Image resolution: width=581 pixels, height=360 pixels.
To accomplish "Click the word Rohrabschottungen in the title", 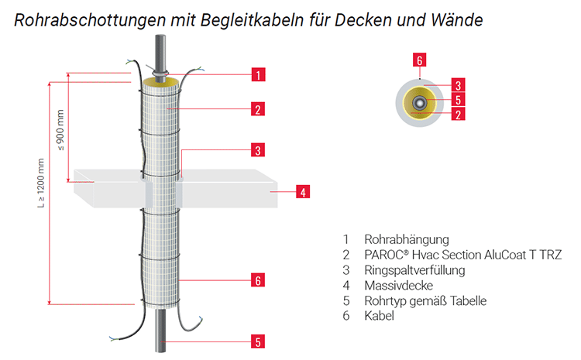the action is coord(90,19).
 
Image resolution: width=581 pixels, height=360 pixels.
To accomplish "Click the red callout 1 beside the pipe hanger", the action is coord(258,74).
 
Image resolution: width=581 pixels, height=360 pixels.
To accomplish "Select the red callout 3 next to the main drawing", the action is coord(258,150).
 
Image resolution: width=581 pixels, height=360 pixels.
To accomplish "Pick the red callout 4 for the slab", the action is coord(303,192).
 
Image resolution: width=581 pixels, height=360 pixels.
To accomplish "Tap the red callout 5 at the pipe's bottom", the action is coord(258,341).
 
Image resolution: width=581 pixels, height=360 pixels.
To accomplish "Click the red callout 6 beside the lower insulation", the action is coord(258,280).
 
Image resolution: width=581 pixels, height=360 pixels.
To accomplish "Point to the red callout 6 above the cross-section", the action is coord(419,60).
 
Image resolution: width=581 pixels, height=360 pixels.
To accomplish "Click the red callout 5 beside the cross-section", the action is coord(458,100).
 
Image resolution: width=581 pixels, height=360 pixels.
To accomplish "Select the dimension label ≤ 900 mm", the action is coord(60,130).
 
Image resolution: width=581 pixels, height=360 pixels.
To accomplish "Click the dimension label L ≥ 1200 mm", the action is coord(41,183).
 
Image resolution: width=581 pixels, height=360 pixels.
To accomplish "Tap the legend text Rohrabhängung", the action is coord(407,239).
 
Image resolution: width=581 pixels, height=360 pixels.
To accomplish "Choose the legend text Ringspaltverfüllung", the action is coord(414,270).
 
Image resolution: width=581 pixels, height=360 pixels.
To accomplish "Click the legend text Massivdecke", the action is coord(399,285).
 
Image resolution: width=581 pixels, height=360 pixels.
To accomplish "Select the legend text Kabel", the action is coord(379,316).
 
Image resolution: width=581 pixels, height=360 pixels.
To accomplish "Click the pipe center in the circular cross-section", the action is coord(419,102).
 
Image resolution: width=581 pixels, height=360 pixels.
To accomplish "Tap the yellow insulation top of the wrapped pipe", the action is coord(161,82).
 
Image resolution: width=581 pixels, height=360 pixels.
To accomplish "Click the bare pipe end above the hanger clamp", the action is coord(161,52).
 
